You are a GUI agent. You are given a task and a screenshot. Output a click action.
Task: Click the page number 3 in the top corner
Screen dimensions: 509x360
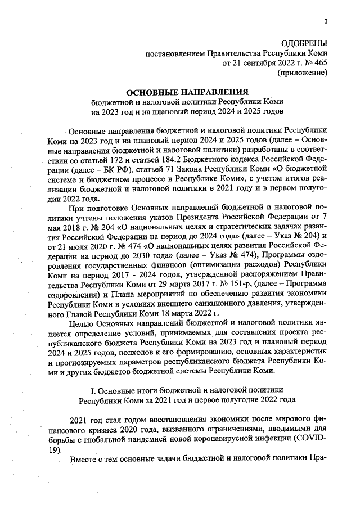325,22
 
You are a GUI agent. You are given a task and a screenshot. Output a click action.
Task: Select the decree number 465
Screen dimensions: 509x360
319,63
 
